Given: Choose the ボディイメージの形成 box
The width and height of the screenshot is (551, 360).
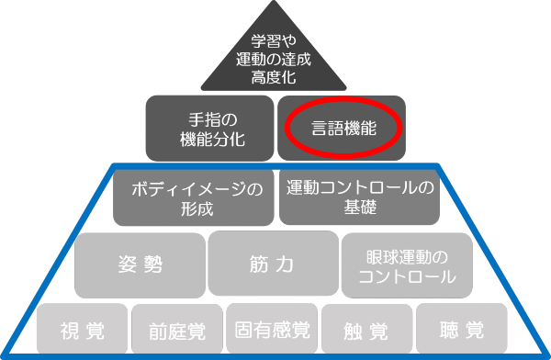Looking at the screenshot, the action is pos(195,198).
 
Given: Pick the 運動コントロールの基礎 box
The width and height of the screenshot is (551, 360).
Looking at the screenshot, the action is pos(357,198).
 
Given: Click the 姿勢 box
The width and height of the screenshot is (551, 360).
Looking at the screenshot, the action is pos(140,264).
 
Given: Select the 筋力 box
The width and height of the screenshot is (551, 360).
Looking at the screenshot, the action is pos(272,264).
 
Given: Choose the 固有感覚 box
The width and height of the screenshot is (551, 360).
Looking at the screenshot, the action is pos(272,330).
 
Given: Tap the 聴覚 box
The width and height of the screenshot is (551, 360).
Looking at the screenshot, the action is pos(461,330).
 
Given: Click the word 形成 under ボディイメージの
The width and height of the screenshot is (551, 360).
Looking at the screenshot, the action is pos(195,208).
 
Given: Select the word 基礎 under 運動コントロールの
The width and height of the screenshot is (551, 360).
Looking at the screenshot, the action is pos(357,208).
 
